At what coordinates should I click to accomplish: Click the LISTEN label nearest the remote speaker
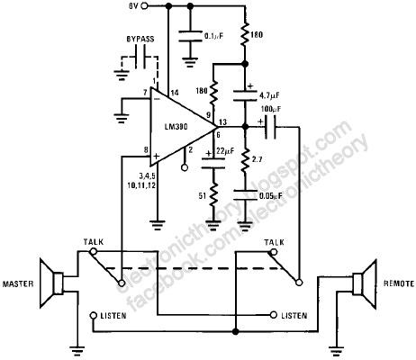tap(297, 317)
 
